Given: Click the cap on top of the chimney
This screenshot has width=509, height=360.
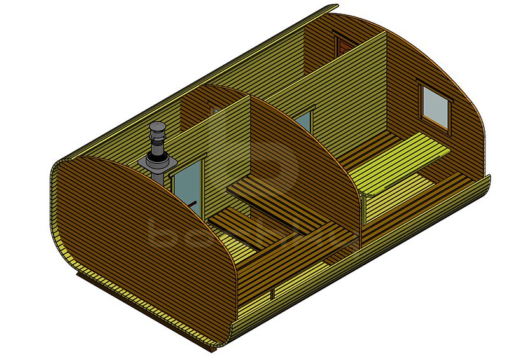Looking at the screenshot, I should [157, 127].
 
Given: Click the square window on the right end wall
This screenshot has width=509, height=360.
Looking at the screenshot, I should [436, 106].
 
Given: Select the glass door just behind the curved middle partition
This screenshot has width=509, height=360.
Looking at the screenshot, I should [303, 122].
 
